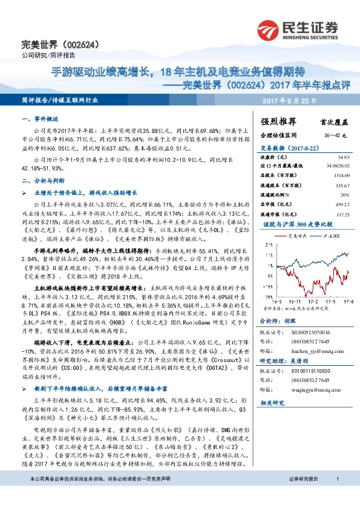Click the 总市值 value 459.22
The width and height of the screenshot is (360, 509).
pos(335,204)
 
